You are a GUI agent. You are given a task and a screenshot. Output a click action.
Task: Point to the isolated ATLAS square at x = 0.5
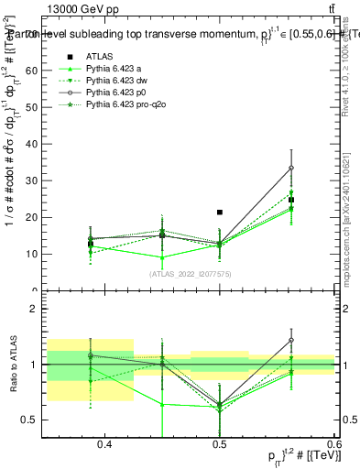220,213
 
